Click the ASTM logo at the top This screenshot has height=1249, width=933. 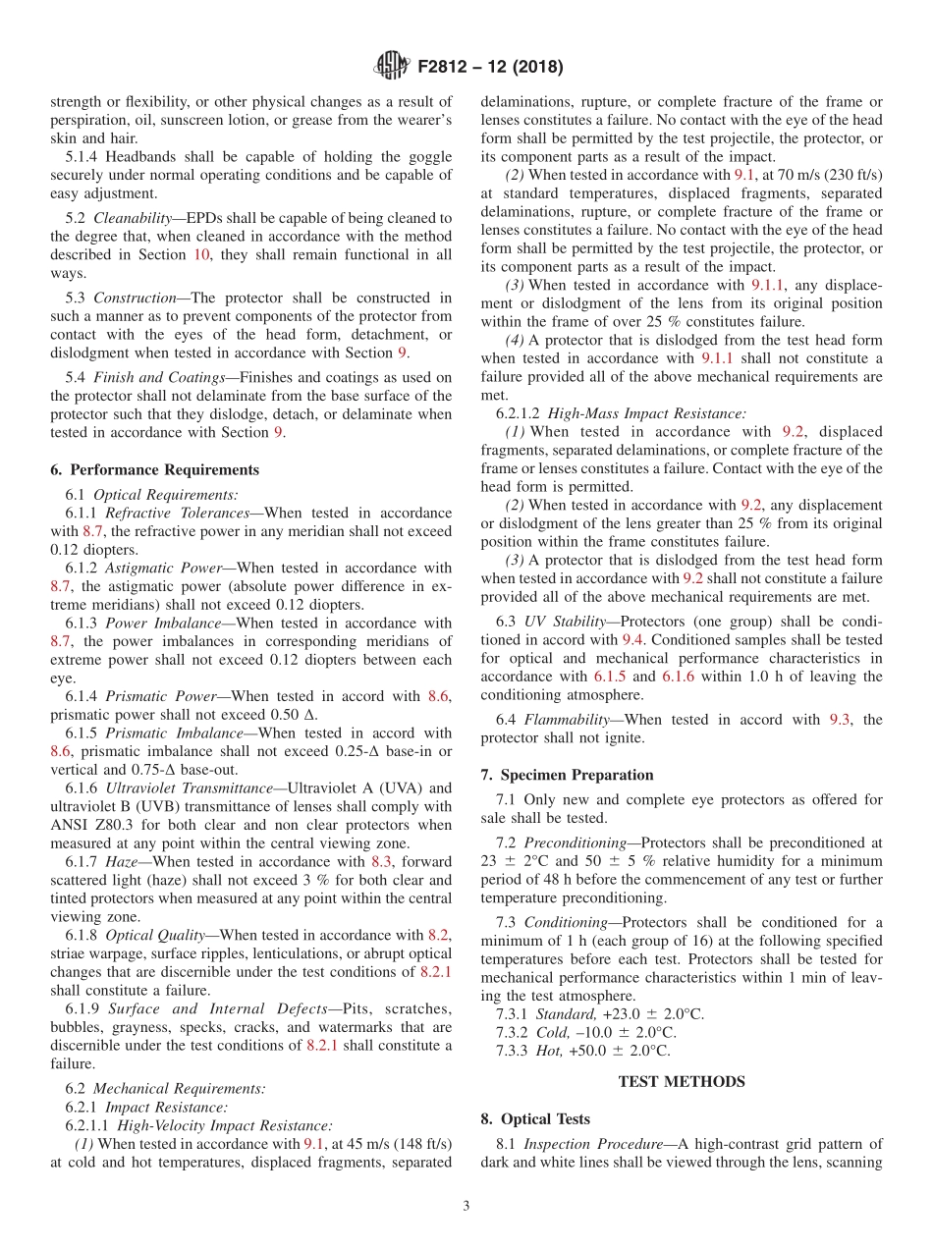[393, 67]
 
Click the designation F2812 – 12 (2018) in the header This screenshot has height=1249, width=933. [490, 68]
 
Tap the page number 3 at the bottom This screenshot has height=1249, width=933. [466, 1207]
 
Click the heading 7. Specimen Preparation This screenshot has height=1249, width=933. [567, 775]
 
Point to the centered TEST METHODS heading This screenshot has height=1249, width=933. [681, 1081]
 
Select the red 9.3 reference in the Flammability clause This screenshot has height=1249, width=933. [841, 720]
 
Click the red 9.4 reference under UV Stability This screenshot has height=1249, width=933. [632, 639]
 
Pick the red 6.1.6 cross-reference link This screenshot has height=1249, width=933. [674, 677]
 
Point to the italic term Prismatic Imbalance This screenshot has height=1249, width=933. [161, 733]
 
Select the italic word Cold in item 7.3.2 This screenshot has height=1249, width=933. [552, 1032]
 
